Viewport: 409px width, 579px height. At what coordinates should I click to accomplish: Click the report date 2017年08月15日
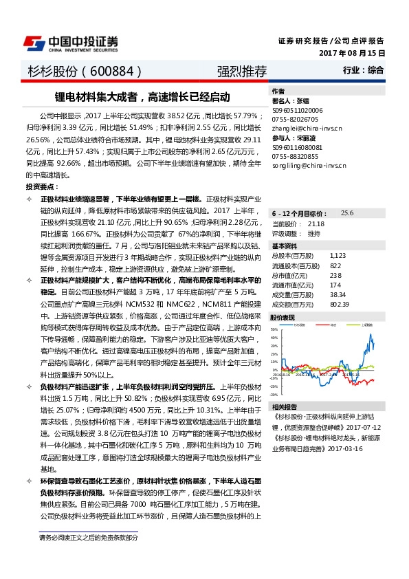(x=352, y=53)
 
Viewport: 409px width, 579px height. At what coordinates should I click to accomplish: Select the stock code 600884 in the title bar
(x=111, y=72)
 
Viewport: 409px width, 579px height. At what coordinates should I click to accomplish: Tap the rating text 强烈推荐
(x=237, y=72)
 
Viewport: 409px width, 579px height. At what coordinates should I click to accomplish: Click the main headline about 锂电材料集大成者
(x=143, y=98)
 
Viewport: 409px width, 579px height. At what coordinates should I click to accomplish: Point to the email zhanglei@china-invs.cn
(x=305, y=128)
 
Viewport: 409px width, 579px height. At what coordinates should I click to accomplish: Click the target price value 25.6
(x=347, y=214)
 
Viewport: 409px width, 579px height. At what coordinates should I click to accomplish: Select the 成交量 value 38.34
(x=338, y=294)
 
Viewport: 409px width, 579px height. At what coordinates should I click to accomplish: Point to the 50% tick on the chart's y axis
(x=274, y=329)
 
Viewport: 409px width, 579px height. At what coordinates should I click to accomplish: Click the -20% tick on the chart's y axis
(x=274, y=386)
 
